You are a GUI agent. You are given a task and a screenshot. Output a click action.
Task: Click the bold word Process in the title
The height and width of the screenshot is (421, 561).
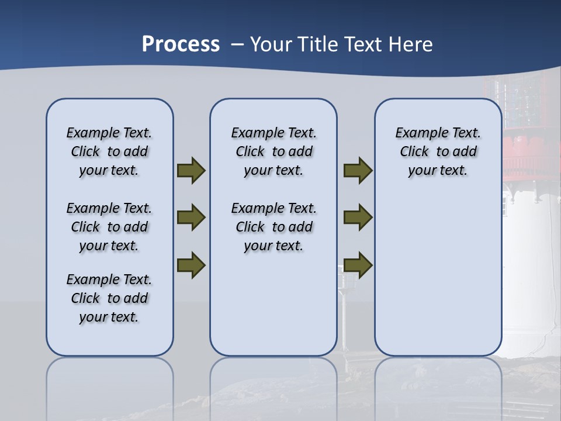click(x=181, y=44)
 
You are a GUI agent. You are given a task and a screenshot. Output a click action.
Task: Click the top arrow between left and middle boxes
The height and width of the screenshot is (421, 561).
click(x=191, y=171)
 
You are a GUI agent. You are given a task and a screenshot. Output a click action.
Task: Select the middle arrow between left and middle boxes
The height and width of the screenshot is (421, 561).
click(x=191, y=218)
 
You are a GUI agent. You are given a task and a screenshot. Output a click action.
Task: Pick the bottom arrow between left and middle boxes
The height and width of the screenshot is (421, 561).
click(x=191, y=265)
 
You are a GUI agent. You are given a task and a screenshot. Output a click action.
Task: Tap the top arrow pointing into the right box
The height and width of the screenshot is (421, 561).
click(x=358, y=171)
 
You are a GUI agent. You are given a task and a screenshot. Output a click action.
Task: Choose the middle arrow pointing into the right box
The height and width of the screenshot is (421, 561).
click(x=358, y=218)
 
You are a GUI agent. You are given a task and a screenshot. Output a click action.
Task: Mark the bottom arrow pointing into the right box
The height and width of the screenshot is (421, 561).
click(x=358, y=265)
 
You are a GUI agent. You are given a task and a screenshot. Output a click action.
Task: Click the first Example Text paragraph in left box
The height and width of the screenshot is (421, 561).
click(x=109, y=151)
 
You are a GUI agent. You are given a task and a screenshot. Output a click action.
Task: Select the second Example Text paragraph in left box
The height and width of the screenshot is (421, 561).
click(x=109, y=227)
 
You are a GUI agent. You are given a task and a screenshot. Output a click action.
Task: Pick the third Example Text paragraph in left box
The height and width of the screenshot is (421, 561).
click(x=109, y=298)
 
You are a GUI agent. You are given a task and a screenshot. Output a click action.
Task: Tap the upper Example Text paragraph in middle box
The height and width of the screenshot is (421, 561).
click(x=273, y=151)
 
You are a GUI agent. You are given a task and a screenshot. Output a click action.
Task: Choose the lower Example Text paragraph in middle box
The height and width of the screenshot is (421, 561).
click(x=273, y=227)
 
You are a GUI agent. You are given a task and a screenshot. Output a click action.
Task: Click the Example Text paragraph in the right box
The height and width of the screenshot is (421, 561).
click(x=438, y=151)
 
